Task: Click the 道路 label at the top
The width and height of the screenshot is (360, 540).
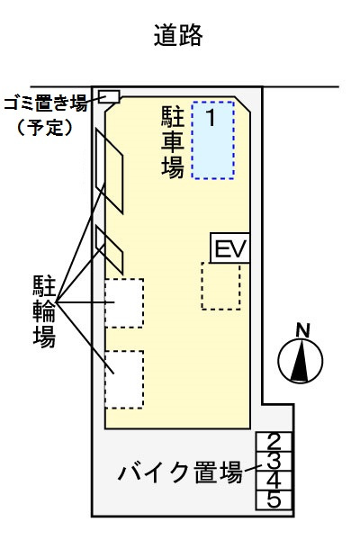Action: (178, 36)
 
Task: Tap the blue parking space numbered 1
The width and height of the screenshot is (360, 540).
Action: (213, 140)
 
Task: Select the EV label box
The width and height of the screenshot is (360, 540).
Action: (229, 247)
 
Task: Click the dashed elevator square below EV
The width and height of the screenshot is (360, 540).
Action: (220, 286)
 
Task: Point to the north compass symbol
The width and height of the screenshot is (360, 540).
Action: (301, 362)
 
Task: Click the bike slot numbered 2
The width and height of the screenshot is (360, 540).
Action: (274, 441)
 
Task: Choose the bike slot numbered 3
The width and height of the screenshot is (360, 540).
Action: (274, 460)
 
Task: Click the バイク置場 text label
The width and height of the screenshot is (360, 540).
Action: (180, 472)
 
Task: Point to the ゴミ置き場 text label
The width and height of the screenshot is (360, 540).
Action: (46, 103)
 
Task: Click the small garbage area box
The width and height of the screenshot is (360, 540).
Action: (109, 96)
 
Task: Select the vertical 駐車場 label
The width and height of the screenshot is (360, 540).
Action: (173, 141)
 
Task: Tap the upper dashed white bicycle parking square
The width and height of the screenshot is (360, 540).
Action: (124, 303)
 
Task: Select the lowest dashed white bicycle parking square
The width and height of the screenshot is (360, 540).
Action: (124, 379)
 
